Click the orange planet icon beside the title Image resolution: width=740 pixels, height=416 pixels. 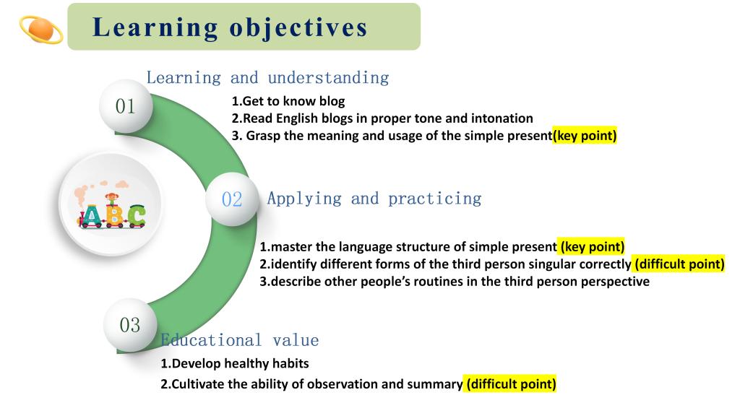click(41, 29)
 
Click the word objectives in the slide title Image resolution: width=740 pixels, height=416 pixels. click(298, 27)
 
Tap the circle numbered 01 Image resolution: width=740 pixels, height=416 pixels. click(126, 106)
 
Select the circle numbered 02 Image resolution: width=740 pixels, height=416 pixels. click(232, 199)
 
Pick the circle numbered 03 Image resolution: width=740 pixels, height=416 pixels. click(130, 325)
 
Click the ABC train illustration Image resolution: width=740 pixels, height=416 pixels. click(111, 205)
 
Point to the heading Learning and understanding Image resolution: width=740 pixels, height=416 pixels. click(267, 78)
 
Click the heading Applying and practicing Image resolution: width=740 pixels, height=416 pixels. click(374, 199)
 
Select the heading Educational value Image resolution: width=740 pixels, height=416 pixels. click(240, 340)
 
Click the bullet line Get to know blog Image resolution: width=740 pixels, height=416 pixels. click(288, 101)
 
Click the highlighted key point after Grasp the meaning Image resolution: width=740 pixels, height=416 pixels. click(585, 135)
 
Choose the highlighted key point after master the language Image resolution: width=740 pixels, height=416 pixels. click(591, 246)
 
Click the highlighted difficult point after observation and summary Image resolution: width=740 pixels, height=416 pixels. click(510, 383)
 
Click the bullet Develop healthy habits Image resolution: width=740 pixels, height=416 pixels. click(235, 363)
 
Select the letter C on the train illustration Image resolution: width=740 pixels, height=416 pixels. click(137, 217)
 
